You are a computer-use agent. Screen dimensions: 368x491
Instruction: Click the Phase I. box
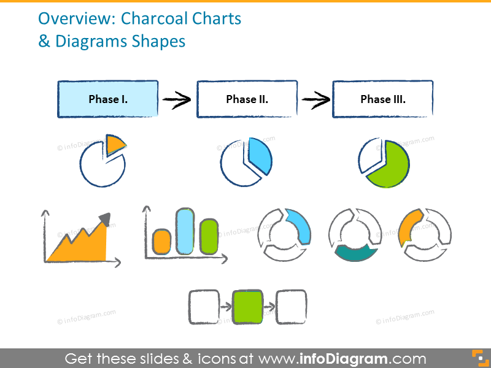coord(108,99)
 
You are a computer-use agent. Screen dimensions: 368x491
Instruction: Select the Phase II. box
coord(247,99)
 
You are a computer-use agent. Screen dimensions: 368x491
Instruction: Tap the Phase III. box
coord(383,99)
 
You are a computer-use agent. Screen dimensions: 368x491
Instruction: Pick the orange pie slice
coord(114,145)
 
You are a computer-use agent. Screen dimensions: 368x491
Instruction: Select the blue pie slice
coord(260,158)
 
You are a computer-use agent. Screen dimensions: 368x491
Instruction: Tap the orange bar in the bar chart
coord(161,241)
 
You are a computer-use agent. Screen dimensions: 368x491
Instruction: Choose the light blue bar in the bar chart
coord(185,231)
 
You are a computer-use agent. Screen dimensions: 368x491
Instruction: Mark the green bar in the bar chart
coord(209,236)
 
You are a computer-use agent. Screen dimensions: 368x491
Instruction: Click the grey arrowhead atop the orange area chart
coord(105,220)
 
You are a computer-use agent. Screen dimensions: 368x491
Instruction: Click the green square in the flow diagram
coord(247,306)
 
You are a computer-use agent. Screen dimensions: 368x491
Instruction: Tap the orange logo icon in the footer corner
coord(477,358)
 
